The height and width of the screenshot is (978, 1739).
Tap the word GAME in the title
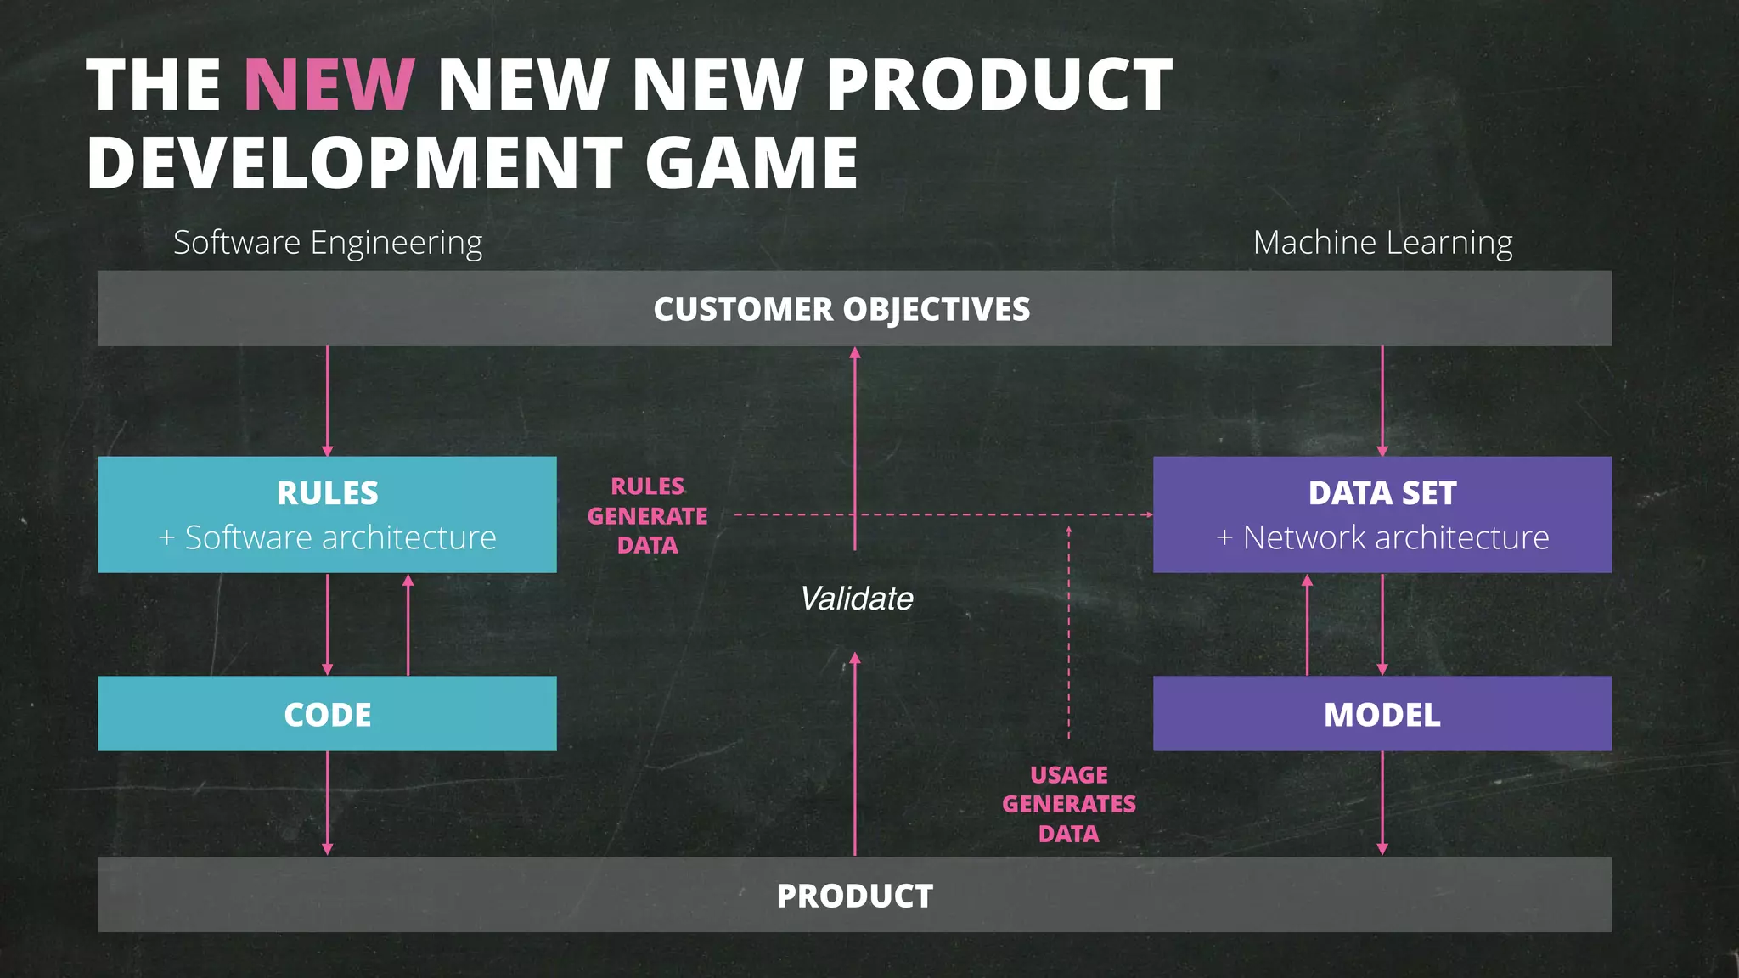pyautogui.click(x=751, y=163)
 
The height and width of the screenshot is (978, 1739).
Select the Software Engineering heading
pyautogui.click(x=328, y=243)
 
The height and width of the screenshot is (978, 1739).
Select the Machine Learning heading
pyautogui.click(x=1382, y=243)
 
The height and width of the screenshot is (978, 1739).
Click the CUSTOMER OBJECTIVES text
pyautogui.click(x=841, y=309)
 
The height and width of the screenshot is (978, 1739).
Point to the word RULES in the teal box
pyautogui.click(x=328, y=493)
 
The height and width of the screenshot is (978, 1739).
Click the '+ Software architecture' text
pyautogui.click(x=328, y=537)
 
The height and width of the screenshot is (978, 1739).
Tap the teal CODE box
pyautogui.click(x=328, y=714)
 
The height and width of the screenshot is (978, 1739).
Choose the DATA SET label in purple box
pyautogui.click(x=1382, y=493)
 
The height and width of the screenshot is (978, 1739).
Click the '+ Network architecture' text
pyautogui.click(x=1382, y=537)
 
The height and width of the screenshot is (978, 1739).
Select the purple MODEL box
pyautogui.click(x=1382, y=714)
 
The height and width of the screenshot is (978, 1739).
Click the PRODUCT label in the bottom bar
pyautogui.click(x=854, y=896)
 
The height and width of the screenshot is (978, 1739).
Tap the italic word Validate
pyautogui.click(x=856, y=599)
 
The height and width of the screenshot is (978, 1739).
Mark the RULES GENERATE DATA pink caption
pyautogui.click(x=647, y=515)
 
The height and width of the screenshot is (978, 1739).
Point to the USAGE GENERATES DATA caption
pyautogui.click(x=1068, y=804)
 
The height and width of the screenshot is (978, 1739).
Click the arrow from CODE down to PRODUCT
pyautogui.click(x=328, y=802)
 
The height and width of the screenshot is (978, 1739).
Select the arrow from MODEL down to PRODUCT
pyautogui.click(x=1382, y=802)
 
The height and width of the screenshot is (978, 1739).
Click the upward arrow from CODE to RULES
pyautogui.click(x=408, y=625)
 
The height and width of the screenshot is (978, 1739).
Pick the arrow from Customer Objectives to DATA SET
pyautogui.click(x=1382, y=399)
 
